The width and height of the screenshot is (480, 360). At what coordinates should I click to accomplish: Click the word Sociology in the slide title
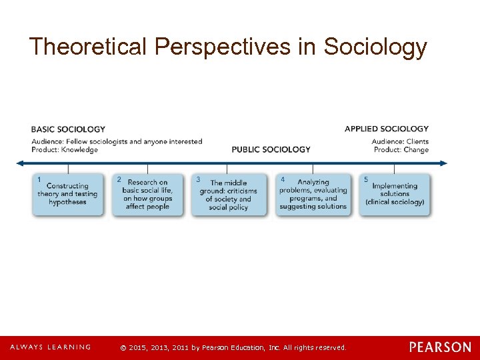[375, 47]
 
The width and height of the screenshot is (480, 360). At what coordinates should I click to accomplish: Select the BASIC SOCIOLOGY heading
[68, 129]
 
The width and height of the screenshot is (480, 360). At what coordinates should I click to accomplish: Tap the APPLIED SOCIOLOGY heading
[387, 129]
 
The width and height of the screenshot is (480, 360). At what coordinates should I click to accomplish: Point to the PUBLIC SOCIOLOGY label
[271, 149]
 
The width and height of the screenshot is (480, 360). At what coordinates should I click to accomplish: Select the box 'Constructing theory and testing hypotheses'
[68, 195]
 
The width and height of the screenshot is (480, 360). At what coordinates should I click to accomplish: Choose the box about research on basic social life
[147, 195]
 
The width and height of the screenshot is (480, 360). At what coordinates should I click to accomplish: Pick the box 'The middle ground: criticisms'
[227, 195]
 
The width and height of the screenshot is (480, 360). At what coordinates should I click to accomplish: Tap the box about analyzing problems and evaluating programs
[313, 195]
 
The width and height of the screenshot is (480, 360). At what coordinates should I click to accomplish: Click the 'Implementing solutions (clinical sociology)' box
[395, 195]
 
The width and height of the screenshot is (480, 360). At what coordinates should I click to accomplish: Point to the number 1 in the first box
[39, 179]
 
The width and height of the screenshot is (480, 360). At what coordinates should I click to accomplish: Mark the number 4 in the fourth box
[283, 179]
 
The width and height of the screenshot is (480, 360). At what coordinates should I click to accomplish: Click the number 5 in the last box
[365, 179]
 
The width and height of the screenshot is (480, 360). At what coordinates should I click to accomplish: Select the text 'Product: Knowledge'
[65, 150]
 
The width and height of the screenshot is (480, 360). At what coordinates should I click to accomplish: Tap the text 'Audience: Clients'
[400, 141]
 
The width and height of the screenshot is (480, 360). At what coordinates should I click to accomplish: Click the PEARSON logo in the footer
[440, 347]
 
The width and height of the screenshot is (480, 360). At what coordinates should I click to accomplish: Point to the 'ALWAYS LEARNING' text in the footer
[50, 347]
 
